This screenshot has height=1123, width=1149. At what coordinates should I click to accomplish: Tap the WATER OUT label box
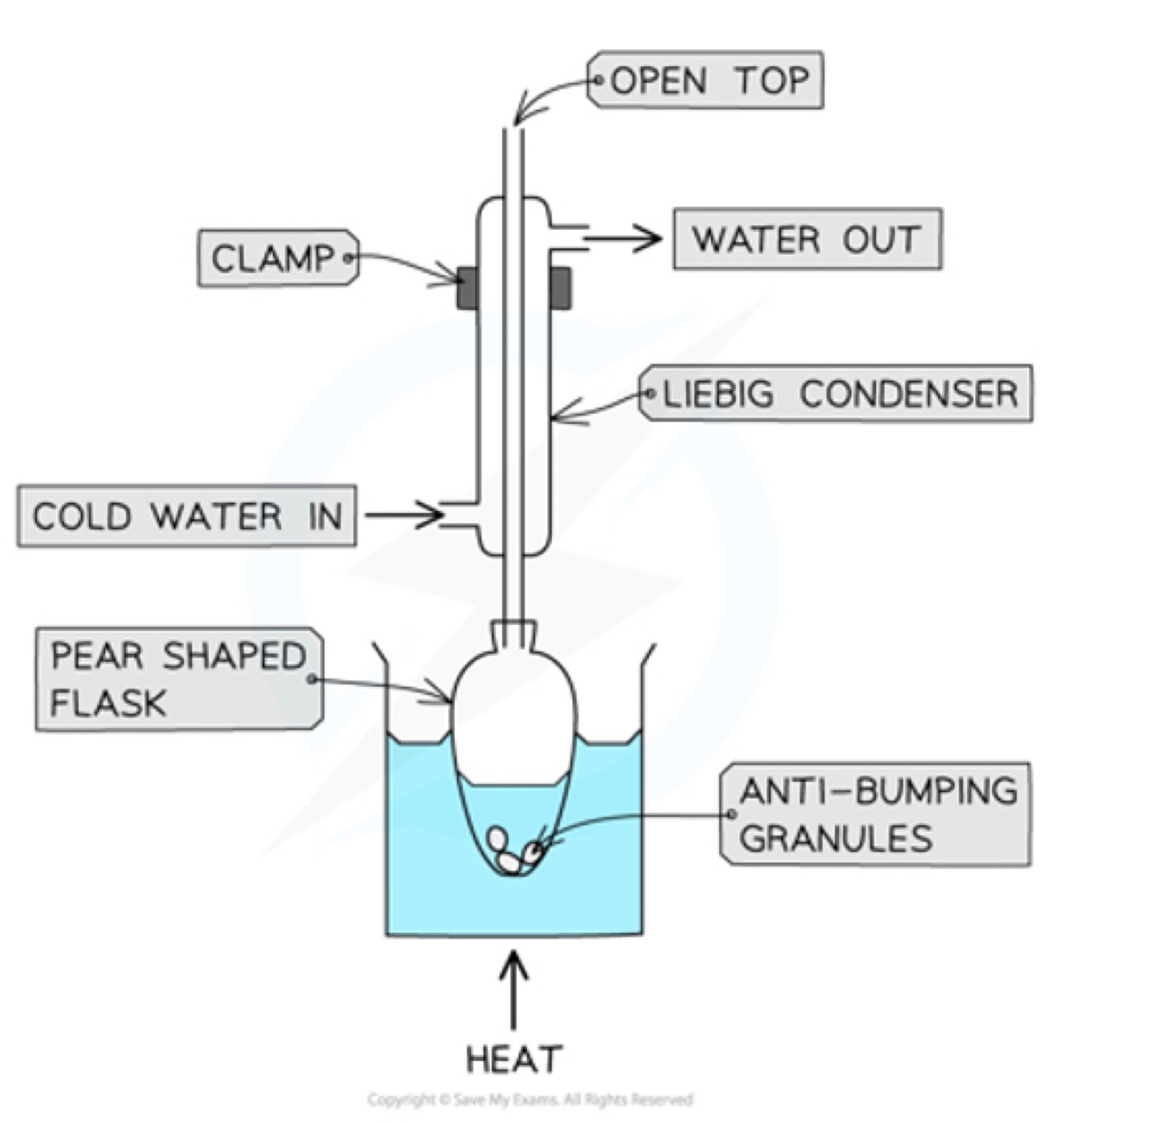(x=807, y=239)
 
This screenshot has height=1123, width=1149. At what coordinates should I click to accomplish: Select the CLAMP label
(x=275, y=258)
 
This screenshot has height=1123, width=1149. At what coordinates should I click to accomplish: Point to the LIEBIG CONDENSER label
(x=838, y=394)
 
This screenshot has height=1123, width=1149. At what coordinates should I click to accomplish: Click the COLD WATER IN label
(x=187, y=516)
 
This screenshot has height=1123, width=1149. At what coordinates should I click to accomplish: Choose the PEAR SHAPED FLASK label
(x=178, y=679)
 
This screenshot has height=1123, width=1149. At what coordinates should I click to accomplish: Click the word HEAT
(x=513, y=1059)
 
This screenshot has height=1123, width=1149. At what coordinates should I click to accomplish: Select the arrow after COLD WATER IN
(x=404, y=515)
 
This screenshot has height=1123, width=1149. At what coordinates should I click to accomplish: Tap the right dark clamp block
(x=560, y=288)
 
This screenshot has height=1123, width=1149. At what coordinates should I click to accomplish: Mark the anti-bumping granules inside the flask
(x=512, y=851)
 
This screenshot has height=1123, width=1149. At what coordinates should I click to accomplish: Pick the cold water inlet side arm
(x=460, y=515)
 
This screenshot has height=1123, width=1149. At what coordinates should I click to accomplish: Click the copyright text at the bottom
(x=530, y=1099)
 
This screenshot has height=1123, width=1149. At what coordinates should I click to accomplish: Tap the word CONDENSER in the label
(x=909, y=394)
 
